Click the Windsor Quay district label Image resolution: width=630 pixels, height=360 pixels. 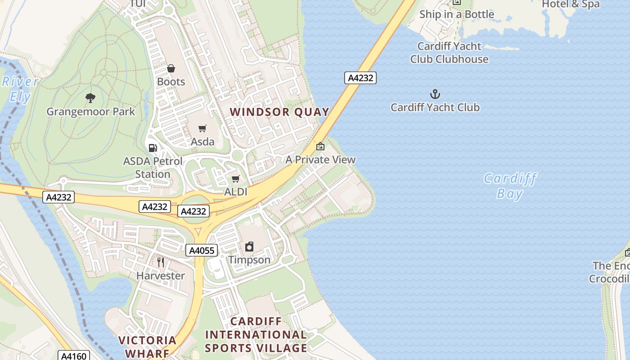tap(279, 112)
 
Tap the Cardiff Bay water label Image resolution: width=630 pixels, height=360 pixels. tap(510, 186)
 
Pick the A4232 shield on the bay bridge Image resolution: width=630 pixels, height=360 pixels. tap(360, 78)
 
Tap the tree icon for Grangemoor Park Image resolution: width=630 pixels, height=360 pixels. tap(90, 98)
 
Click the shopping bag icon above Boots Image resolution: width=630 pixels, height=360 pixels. tap(171, 68)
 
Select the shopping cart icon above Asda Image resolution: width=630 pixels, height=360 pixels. tap(202, 129)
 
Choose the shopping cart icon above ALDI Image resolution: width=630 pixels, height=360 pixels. tap(235, 179)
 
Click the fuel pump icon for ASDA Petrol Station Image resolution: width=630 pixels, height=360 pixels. tap(153, 148)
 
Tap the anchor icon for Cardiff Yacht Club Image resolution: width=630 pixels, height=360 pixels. tap(435, 94)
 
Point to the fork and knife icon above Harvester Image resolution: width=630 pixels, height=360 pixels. tap(161, 262)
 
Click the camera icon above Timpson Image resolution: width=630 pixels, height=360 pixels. tap(249, 246)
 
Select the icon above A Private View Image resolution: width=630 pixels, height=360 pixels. tap(320, 146)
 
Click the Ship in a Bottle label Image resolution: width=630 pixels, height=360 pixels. tap(457, 14)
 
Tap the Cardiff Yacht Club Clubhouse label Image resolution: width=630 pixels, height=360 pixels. tap(449, 53)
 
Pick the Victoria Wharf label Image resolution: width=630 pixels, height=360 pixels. tap(147, 346)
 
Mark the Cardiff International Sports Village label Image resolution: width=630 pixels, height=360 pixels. tap(256, 335)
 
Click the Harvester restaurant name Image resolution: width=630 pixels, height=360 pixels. tap(161, 275)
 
